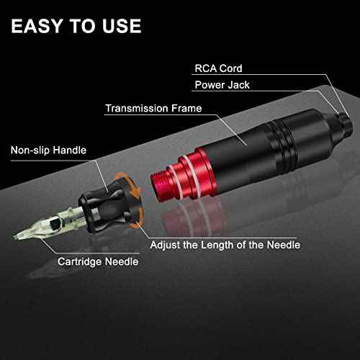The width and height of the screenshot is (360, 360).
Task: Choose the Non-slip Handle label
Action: pyautogui.click(x=48, y=151)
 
